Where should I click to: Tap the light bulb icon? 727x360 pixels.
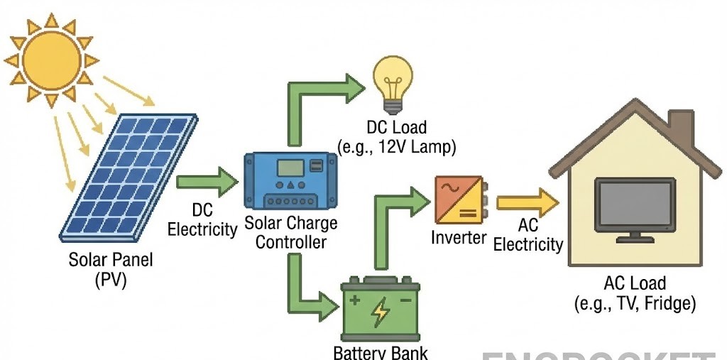tap(393, 83)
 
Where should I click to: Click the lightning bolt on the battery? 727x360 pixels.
tap(381, 311)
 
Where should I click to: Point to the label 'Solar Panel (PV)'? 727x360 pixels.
tap(111, 269)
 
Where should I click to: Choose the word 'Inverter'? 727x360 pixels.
tap(459, 237)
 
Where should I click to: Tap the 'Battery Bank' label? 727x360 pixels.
tap(381, 352)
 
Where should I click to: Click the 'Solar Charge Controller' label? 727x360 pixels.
tap(291, 232)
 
